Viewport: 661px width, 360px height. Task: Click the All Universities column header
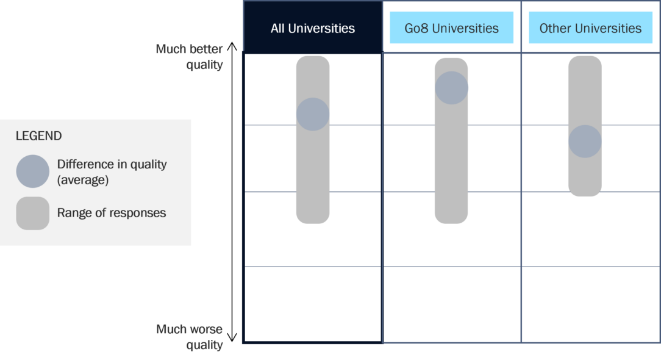313,28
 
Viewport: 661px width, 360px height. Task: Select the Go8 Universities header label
451,28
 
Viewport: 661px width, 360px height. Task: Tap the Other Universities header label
590,28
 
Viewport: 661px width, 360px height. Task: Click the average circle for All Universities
313,114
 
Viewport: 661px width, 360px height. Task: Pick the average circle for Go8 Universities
451,88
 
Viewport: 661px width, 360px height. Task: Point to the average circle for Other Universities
585,142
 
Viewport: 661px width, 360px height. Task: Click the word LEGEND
38,136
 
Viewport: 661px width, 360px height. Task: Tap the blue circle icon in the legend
32,171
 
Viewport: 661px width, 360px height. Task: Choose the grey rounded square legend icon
32,214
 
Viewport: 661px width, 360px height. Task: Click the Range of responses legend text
112,213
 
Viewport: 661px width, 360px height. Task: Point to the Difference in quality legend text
112,164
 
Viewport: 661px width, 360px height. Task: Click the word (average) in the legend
82,180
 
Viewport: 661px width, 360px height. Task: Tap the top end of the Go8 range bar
451,63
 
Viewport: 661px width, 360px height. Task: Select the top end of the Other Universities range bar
585,60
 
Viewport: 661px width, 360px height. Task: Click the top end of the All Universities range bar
313,60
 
